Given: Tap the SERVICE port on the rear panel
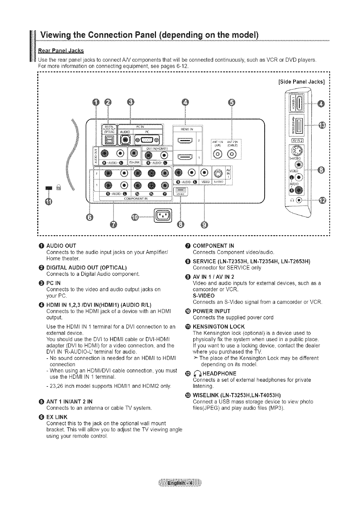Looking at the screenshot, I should coord(180,190).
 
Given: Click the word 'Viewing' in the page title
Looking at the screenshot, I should coord(56,36).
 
